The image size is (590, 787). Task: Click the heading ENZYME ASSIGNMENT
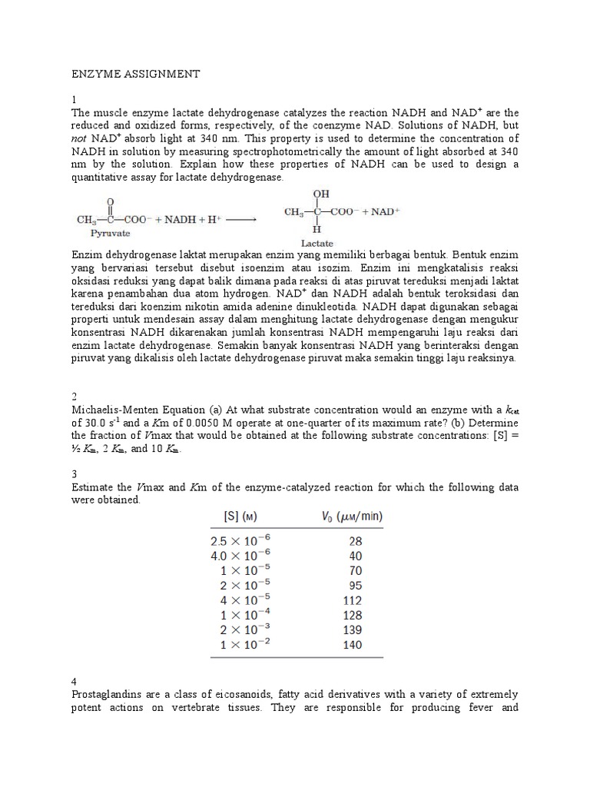tap(135, 74)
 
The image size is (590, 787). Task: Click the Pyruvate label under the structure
tap(111, 231)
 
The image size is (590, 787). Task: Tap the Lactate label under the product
tap(316, 242)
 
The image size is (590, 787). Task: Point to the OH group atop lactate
tap(319, 195)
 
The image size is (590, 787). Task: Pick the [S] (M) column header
tap(238, 517)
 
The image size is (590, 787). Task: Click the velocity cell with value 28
tap(354, 541)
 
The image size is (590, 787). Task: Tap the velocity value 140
tap(352, 645)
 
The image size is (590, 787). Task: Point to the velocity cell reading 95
tap(354, 586)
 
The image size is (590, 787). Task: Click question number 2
tap(75, 396)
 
